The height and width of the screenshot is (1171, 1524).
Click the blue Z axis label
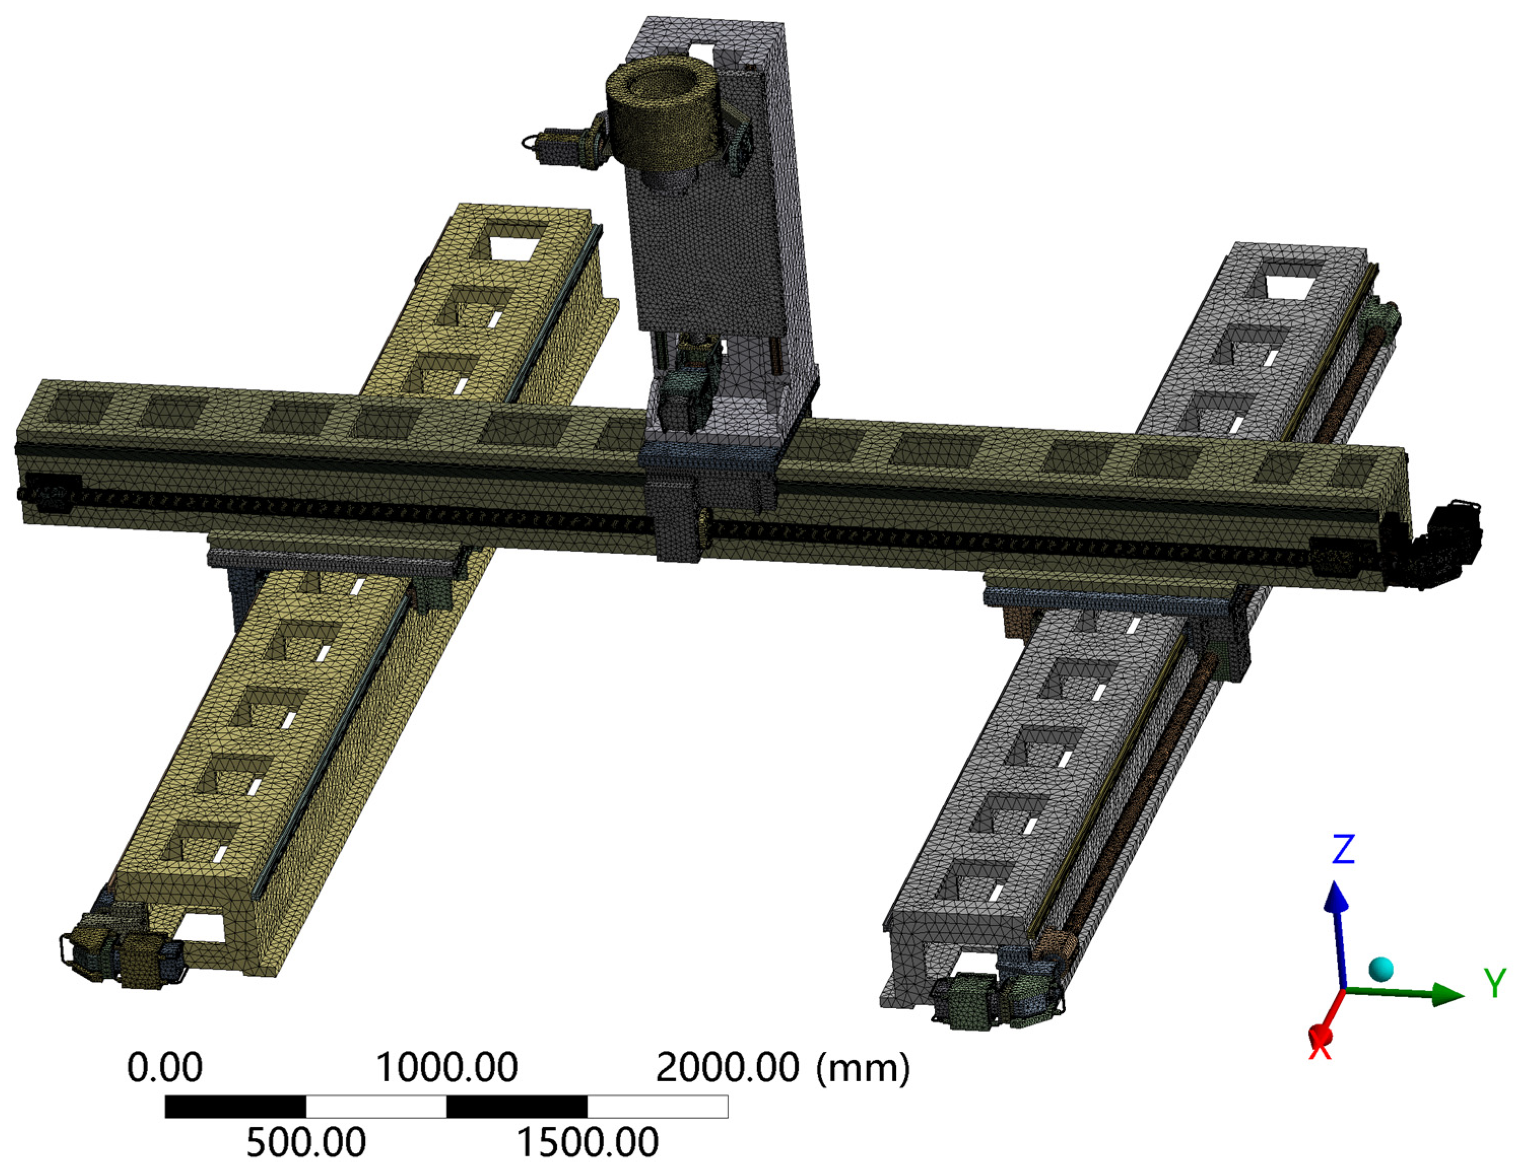tap(1343, 849)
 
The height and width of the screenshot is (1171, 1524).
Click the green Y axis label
tap(1495, 983)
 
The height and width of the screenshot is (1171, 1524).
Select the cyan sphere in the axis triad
tap(1381, 969)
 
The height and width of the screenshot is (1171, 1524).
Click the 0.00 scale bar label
tap(164, 1067)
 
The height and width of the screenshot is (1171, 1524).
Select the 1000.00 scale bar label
tap(447, 1067)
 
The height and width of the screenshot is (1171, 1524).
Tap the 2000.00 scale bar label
tap(727, 1067)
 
